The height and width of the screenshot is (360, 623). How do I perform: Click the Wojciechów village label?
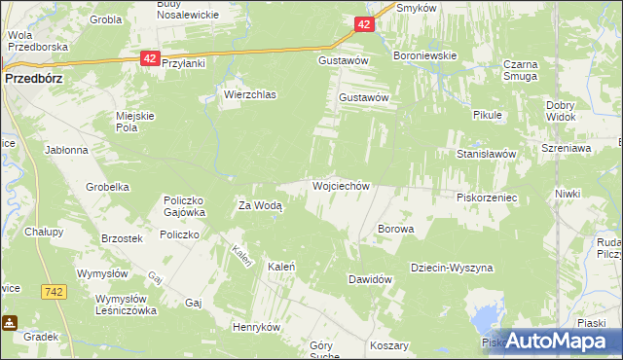[341, 185]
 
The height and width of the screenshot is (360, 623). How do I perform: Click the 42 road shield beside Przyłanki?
[149, 58]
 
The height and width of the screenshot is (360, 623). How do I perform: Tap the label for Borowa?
[395, 230]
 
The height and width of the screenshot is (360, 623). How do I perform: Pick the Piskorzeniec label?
[486, 197]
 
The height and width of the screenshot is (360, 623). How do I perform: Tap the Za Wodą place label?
[260, 205]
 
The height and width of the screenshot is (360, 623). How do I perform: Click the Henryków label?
[256, 327]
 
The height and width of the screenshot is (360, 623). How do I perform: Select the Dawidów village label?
[370, 279]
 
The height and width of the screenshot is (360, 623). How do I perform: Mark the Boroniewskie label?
[424, 56]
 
